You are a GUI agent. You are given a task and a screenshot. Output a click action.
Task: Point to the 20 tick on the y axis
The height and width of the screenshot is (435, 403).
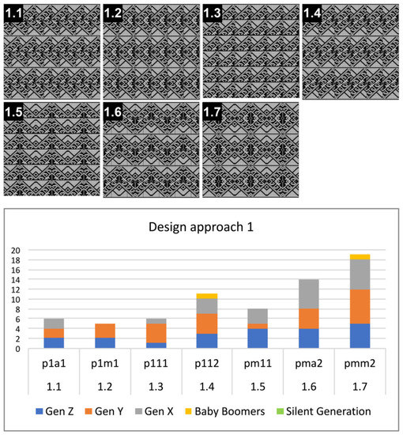click(13, 251)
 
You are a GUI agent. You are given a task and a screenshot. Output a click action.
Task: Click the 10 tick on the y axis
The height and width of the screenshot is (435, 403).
click(13, 300)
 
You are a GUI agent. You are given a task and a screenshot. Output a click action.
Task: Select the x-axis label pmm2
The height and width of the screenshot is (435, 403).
click(360, 368)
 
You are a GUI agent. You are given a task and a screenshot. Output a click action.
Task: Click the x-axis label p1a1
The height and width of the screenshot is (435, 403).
click(53, 368)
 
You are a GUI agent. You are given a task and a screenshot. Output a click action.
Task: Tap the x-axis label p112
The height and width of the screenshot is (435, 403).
click(206, 368)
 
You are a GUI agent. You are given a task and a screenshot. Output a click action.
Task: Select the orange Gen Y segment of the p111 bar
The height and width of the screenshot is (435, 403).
click(155, 333)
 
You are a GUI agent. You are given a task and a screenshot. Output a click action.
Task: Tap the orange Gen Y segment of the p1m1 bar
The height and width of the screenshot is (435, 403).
click(104, 331)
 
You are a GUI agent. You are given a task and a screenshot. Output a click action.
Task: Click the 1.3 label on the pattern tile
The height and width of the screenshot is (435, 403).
click(213, 12)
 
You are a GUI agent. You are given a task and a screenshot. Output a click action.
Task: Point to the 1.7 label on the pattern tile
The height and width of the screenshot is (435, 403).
click(213, 112)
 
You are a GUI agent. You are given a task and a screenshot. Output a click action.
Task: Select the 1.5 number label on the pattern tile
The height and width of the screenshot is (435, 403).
click(13, 112)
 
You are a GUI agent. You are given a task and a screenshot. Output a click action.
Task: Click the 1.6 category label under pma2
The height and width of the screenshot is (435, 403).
click(309, 387)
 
